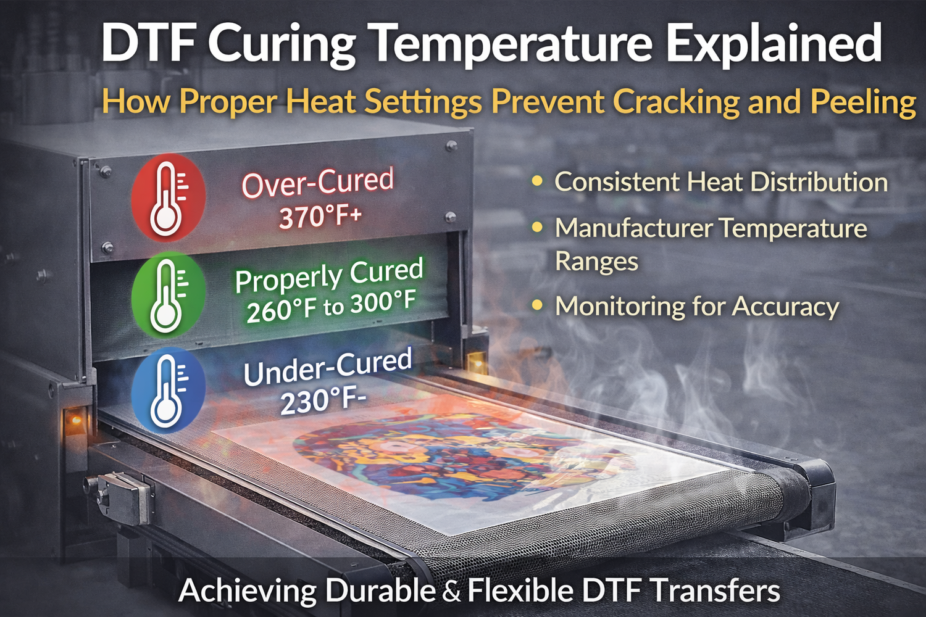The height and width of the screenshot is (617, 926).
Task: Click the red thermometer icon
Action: click(167, 197)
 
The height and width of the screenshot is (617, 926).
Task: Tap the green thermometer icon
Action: click(167, 293)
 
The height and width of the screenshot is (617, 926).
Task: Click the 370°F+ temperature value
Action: click(320, 217)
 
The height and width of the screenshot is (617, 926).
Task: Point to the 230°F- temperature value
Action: click(323, 402)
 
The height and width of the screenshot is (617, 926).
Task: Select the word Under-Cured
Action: click(327, 367)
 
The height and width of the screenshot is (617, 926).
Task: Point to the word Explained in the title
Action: click(774, 44)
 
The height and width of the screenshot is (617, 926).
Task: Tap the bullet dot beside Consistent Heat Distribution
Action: click(538, 182)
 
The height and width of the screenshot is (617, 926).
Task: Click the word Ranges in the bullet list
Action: click(596, 261)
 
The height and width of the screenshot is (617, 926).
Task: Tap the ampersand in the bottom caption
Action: click(451, 592)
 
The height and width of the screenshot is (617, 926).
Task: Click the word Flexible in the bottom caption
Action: click(520, 590)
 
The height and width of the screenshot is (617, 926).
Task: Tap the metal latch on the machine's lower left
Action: click(123, 494)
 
